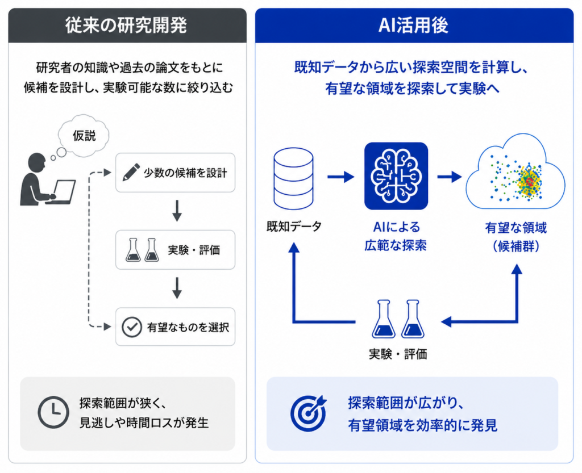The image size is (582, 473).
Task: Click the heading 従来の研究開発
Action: [126, 26]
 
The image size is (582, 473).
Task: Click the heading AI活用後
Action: [414, 26]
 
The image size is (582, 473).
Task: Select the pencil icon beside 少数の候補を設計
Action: [131, 173]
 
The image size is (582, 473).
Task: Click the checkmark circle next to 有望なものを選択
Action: [132, 327]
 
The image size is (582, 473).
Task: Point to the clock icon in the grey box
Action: [53, 412]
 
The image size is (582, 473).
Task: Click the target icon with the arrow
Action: [308, 413]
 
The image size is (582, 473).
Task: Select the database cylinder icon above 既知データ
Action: [293, 179]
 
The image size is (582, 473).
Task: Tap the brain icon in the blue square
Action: [396, 176]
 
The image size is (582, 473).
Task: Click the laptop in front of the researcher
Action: [62, 192]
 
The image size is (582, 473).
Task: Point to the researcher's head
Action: [37, 163]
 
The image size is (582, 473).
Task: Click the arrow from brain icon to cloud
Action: [450, 177]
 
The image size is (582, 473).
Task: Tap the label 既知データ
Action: [294, 227]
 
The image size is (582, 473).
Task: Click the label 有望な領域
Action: [516, 228]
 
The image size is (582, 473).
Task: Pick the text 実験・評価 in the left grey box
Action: [194, 250]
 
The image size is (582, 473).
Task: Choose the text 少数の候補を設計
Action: [185, 173]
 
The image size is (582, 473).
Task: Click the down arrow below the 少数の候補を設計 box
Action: [177, 211]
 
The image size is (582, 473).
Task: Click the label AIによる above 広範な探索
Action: [396, 227]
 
